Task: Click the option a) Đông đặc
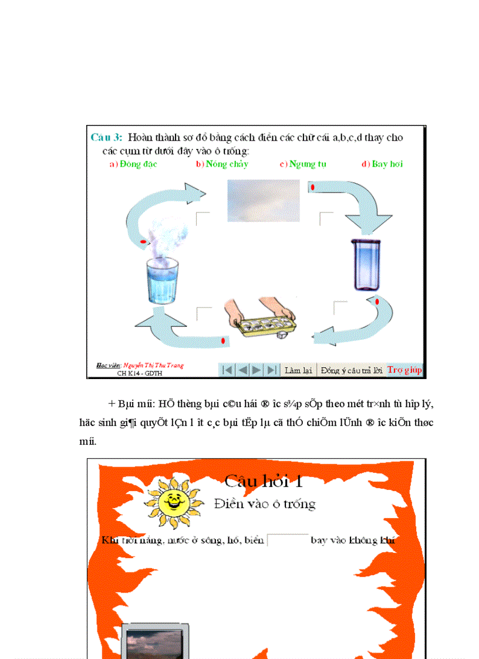click(x=133, y=164)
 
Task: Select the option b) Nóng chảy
click(x=222, y=164)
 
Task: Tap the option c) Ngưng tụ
click(x=303, y=164)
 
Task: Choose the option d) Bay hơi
click(x=382, y=164)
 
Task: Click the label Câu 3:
click(x=106, y=137)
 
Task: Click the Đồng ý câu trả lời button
click(x=351, y=370)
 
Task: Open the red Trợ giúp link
click(x=404, y=370)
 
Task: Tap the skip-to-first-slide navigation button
click(x=227, y=370)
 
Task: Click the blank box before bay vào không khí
click(x=288, y=540)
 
